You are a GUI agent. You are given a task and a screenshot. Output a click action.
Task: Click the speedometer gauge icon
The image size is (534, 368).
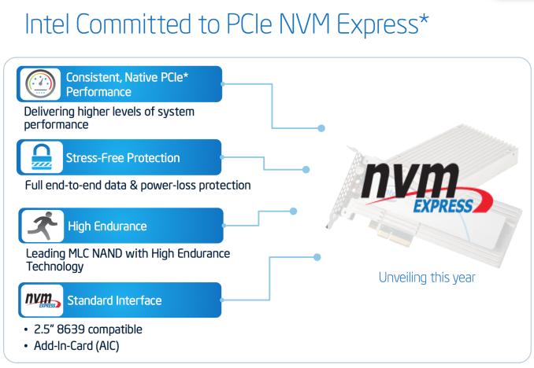[x=40, y=83]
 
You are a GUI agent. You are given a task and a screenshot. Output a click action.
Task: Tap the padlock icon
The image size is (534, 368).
[x=42, y=156]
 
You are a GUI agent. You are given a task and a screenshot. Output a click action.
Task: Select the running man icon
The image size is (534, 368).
[x=43, y=226]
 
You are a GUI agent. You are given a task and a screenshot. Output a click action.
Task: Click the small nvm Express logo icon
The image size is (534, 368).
[x=43, y=300]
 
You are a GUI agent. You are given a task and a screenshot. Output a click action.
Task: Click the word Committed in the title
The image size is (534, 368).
[x=134, y=24]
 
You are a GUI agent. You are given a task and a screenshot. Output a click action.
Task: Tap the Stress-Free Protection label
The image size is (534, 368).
[x=123, y=158]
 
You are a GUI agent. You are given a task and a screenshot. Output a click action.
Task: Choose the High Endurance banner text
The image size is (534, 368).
[x=107, y=226]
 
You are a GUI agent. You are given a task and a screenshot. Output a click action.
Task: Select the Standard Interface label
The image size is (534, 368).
[x=114, y=300]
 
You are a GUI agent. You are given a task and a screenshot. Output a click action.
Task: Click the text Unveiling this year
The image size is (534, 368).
[x=427, y=278]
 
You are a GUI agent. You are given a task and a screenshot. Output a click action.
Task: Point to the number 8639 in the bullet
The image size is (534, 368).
[x=71, y=329]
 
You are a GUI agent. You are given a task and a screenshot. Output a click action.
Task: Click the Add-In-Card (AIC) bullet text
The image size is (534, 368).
[x=76, y=346]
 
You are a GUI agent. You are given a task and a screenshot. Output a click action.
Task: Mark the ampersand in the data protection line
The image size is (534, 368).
[x=134, y=186]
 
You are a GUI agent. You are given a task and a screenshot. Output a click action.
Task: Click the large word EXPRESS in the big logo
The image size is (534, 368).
[x=443, y=206]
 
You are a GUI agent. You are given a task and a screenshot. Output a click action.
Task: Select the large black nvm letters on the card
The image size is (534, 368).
[x=410, y=180]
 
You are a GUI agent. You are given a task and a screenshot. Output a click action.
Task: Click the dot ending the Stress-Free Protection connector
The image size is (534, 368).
[x=306, y=169]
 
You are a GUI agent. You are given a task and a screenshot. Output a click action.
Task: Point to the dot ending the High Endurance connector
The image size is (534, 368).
[x=293, y=212]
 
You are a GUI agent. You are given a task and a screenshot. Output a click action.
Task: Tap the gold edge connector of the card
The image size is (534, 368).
[x=391, y=233]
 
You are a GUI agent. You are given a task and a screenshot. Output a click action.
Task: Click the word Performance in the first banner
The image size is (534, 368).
[x=98, y=92]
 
